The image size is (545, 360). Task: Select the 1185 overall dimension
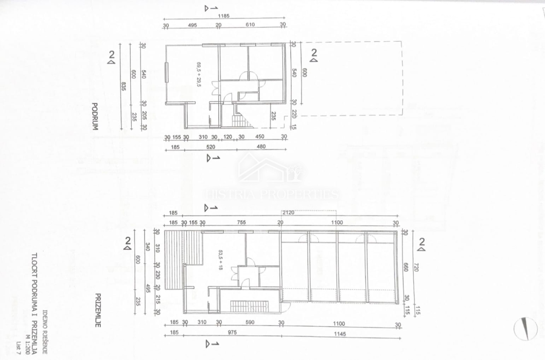coord(223,16)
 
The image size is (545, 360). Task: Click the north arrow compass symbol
coord(525,328)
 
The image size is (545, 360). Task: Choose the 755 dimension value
coord(242,223)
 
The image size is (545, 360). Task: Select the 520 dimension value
coord(210,147)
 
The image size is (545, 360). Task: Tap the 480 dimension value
coord(259,147)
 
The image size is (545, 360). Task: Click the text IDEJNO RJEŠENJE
coord(45,332)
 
